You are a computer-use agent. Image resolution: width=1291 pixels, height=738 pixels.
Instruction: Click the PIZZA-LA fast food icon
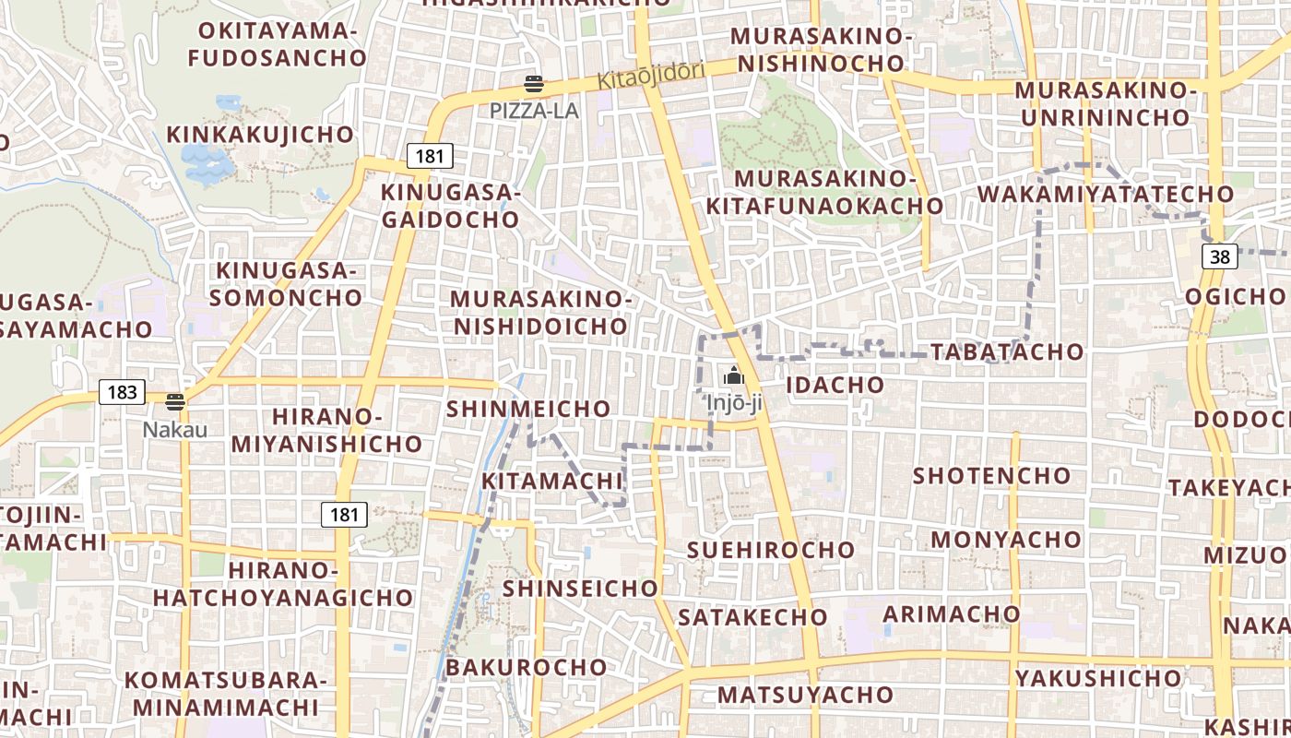click(x=533, y=85)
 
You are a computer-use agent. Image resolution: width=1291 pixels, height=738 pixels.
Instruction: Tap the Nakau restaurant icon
click(x=175, y=402)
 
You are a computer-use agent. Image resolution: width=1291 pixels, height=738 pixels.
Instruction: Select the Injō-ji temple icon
click(x=734, y=375)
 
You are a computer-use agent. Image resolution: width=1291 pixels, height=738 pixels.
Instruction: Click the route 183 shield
click(x=122, y=392)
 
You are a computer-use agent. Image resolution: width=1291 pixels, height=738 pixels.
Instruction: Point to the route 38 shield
click(x=1219, y=256)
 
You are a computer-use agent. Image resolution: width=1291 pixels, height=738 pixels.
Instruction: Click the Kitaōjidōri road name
click(x=651, y=75)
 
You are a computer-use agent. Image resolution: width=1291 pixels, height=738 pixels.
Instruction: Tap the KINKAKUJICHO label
click(x=260, y=135)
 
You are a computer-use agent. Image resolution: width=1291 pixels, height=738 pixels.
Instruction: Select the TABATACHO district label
click(x=1006, y=351)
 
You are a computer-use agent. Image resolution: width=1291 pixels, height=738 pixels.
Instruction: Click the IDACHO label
click(x=835, y=385)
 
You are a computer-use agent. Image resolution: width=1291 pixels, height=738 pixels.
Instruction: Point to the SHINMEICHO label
click(x=528, y=409)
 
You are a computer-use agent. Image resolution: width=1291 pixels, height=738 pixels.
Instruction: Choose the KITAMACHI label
click(x=552, y=481)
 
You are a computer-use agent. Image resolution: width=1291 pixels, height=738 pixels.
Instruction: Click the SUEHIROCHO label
click(x=771, y=550)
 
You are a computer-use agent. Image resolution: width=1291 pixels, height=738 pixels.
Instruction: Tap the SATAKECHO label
click(x=752, y=617)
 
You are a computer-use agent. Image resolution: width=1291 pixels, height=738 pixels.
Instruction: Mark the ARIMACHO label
click(x=952, y=614)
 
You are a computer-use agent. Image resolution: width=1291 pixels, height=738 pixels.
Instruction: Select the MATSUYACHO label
click(x=805, y=695)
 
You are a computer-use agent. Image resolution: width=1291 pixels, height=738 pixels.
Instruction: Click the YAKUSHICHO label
click(x=1097, y=679)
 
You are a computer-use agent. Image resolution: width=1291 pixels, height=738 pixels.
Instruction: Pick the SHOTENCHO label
click(x=991, y=476)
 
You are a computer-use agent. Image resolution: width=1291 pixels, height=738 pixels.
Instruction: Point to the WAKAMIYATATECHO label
click(x=1105, y=195)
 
